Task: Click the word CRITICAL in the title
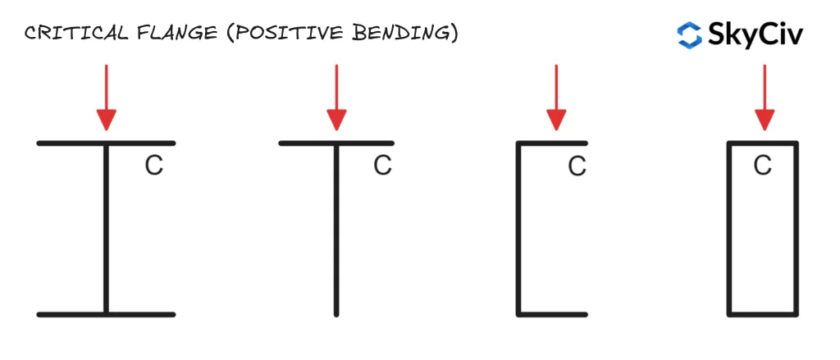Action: pyautogui.click(x=76, y=34)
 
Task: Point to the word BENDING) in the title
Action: pyautogui.click(x=396, y=34)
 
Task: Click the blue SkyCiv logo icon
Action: pyautogui.click(x=689, y=34)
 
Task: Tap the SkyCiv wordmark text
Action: pyautogui.click(x=756, y=35)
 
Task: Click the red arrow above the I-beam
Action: pyautogui.click(x=106, y=98)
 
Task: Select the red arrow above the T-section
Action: pyautogui.click(x=336, y=98)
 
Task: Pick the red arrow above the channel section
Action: pyautogui.click(x=556, y=98)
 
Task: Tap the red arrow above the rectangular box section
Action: pyautogui.click(x=765, y=98)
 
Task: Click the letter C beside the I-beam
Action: pyautogui.click(x=153, y=166)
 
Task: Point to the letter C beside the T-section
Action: pyautogui.click(x=382, y=166)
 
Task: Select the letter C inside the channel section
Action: pyautogui.click(x=577, y=167)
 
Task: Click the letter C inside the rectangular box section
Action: pyautogui.click(x=763, y=166)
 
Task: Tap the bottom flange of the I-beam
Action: pyautogui.click(x=106, y=314)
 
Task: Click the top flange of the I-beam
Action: pyautogui.click(x=106, y=143)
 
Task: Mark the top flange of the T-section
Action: pyautogui.click(x=336, y=143)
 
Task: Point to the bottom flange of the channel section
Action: pyautogui.click(x=552, y=314)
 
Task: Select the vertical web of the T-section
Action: pyautogui.click(x=336, y=230)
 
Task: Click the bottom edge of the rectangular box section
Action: pyautogui.click(x=763, y=314)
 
